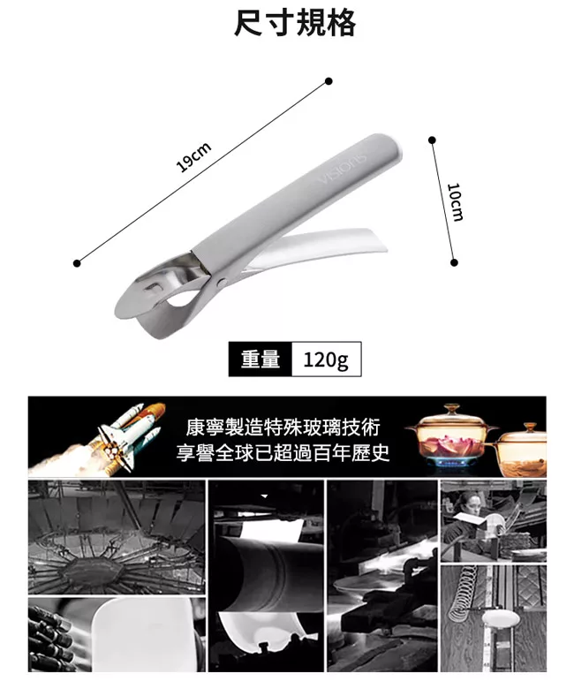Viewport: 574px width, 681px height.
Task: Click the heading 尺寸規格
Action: pos(294,23)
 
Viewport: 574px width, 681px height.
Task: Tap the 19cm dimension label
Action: pos(193,157)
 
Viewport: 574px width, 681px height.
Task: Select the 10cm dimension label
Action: pos(455,202)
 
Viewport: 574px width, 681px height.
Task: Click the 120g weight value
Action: pos(326,359)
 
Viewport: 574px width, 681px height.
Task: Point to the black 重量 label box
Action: pos(261,359)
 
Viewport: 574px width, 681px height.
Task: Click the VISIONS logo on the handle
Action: pos(342,169)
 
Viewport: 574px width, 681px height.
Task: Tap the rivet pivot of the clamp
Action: pos(222,284)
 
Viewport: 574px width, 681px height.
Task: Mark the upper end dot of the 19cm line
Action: pos(329,81)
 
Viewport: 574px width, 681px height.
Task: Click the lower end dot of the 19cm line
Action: pos(78,263)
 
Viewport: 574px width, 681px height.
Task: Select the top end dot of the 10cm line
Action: pos(432,140)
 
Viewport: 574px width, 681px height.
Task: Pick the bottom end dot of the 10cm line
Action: pos(454,262)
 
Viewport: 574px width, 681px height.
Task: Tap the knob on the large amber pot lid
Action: pos(451,408)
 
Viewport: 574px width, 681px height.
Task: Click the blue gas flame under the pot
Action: pos(451,463)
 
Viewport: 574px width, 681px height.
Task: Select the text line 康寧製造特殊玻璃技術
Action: pos(283,427)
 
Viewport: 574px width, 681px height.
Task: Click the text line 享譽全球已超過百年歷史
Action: pos(283,453)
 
